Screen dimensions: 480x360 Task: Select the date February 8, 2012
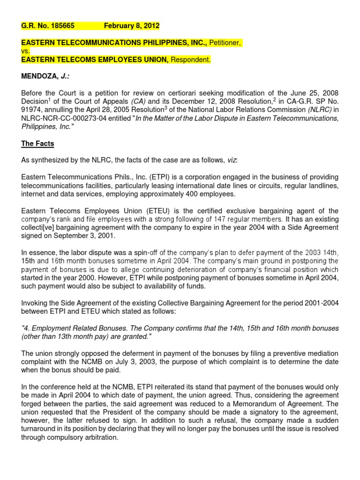[132, 26]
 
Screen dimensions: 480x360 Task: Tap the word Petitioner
[225, 43]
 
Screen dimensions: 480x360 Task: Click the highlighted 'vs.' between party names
[26, 52]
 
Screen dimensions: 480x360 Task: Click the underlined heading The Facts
[37, 143]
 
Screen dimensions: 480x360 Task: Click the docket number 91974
[31, 110]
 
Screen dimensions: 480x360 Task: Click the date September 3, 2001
[67, 236]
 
